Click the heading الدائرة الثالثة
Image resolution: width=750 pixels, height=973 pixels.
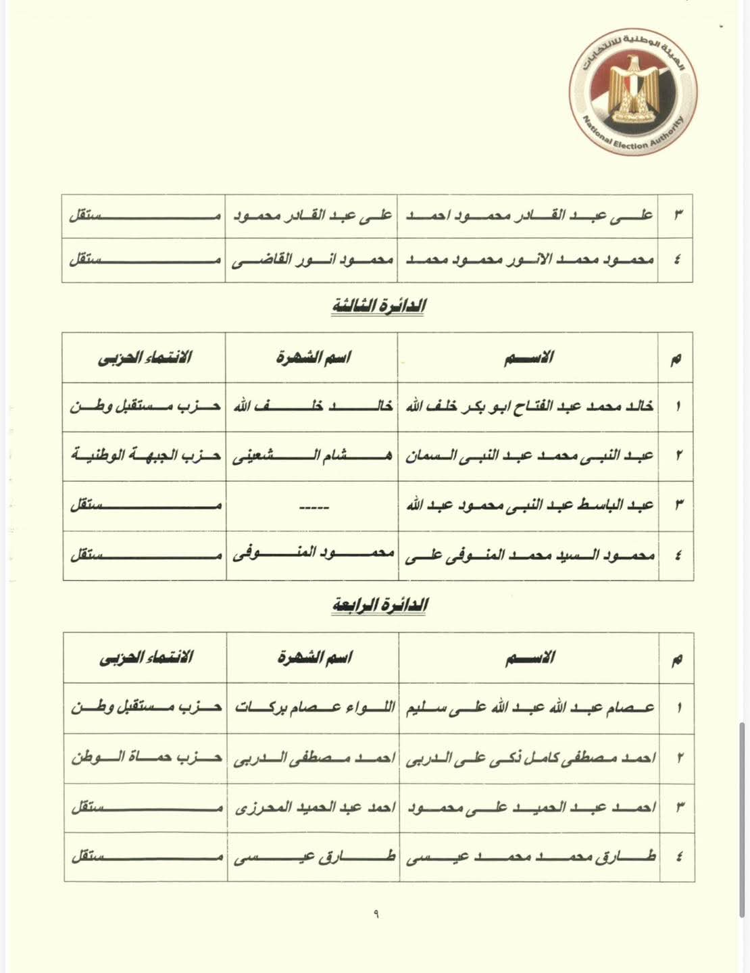pyautogui.click(x=378, y=306)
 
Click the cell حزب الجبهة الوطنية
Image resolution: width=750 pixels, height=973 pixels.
pyautogui.click(x=145, y=455)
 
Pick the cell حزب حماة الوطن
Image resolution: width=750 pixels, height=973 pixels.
pyautogui.click(x=146, y=757)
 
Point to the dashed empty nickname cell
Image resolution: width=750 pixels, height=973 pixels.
pyautogui.click(x=312, y=506)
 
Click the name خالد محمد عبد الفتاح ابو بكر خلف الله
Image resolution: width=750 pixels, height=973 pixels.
pyautogui.click(x=529, y=407)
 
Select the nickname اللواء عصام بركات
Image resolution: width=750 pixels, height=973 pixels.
pyautogui.click(x=314, y=708)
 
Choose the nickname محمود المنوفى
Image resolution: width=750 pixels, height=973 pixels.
pyautogui.click(x=313, y=555)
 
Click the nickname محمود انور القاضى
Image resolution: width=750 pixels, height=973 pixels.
pyautogui.click(x=312, y=259)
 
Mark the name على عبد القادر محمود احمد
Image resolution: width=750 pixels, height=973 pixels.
pyautogui.click(x=529, y=216)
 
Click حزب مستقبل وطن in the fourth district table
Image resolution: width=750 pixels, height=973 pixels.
pyautogui.click(x=146, y=707)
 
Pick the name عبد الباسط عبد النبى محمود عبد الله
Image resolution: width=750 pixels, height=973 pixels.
pyautogui.click(x=529, y=505)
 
